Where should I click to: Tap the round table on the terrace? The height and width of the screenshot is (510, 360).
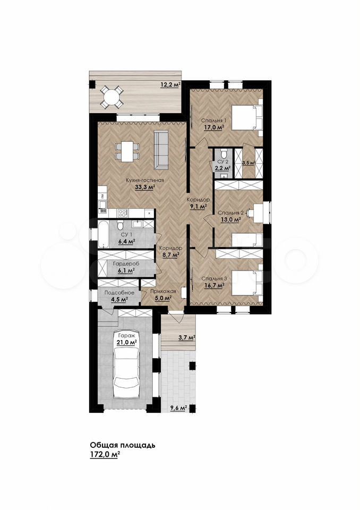[x=111, y=97]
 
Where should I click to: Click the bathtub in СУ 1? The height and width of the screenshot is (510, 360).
[x=105, y=234]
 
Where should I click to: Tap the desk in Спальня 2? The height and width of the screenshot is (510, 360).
[x=258, y=213]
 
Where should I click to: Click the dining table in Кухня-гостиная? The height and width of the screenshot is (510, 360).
[x=127, y=151]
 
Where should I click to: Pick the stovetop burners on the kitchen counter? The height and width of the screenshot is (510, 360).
[x=123, y=214]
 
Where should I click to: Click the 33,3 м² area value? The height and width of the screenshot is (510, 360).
[x=145, y=186]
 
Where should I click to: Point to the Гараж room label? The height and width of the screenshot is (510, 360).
[x=126, y=335]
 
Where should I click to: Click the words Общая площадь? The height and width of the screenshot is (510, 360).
[x=122, y=445]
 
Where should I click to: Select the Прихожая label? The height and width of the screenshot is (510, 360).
[x=163, y=292]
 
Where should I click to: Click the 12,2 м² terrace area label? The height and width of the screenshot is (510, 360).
[x=170, y=85]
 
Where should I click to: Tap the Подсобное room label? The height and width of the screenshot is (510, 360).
[x=119, y=293]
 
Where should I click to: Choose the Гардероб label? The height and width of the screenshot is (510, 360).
[x=124, y=264]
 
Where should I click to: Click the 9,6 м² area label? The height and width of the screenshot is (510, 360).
[x=178, y=407]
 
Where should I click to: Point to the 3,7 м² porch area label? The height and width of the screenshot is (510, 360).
[x=187, y=338]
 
